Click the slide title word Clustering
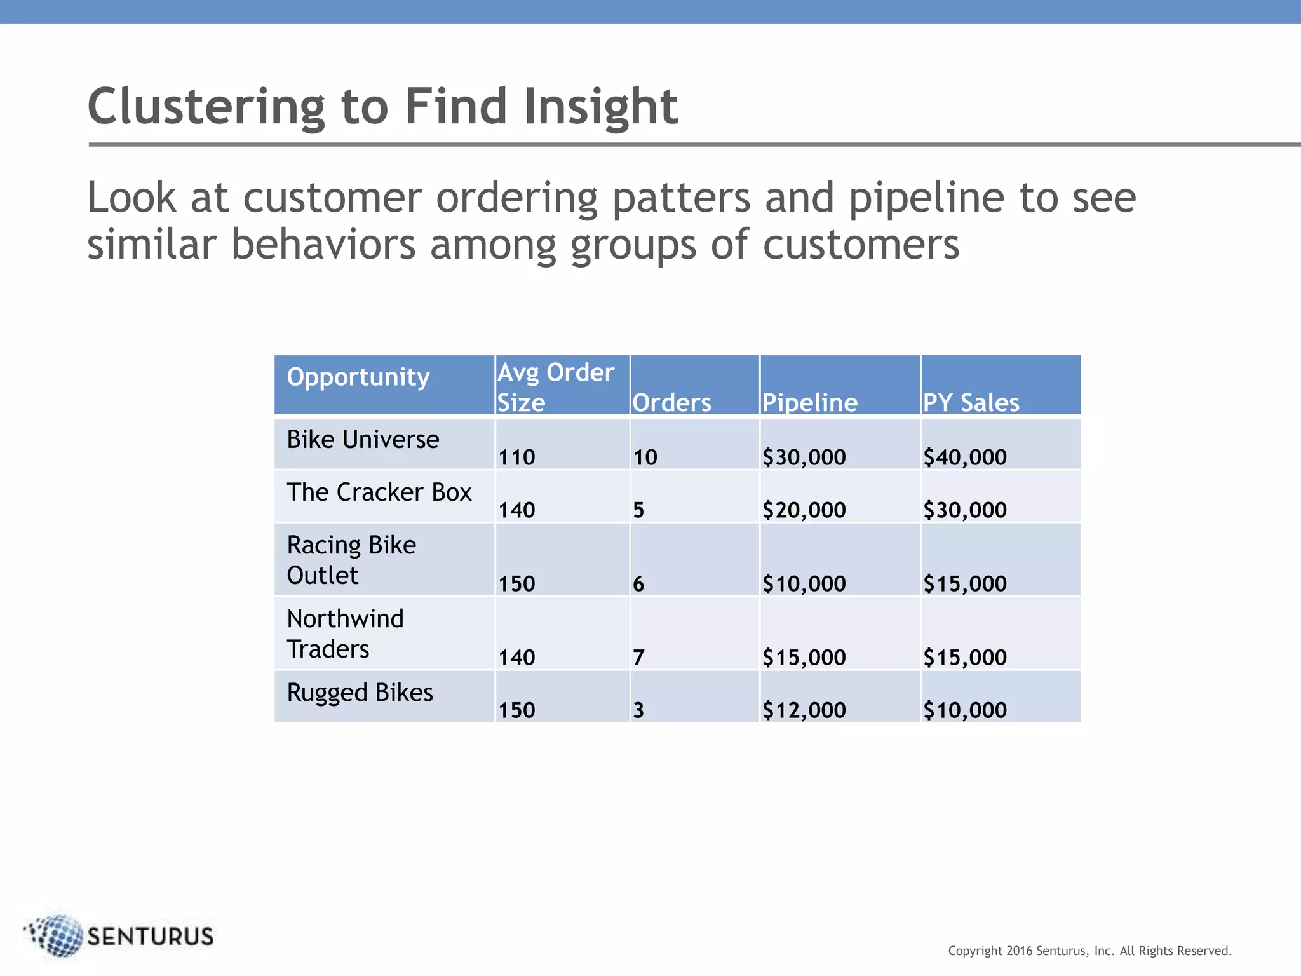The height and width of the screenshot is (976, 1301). tap(206, 107)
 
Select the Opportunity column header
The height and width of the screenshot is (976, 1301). tap(358, 377)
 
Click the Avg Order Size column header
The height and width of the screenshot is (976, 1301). tap(555, 387)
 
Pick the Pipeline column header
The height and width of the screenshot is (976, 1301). tap(810, 403)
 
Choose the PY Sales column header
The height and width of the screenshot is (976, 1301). tap(971, 403)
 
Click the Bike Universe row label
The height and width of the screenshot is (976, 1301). tap(363, 440)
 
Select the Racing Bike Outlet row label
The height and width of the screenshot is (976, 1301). tap(351, 560)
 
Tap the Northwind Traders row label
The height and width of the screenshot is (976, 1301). tap(345, 634)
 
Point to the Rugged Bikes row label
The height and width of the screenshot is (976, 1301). tap(360, 693)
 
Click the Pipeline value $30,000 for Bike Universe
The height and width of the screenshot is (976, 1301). tap(804, 457)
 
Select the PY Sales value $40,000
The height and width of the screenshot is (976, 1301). tap(964, 457)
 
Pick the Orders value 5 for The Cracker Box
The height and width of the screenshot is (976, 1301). tap(638, 510)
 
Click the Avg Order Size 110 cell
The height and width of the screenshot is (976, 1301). tap(516, 457)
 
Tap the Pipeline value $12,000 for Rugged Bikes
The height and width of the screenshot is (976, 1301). tap(804, 710)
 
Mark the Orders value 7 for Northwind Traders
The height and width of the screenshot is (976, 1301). tap(638, 658)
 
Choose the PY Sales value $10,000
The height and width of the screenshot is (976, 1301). tap(964, 710)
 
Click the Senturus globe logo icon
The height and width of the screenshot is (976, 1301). tap(57, 935)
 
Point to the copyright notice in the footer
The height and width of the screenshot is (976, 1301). tap(1089, 951)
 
